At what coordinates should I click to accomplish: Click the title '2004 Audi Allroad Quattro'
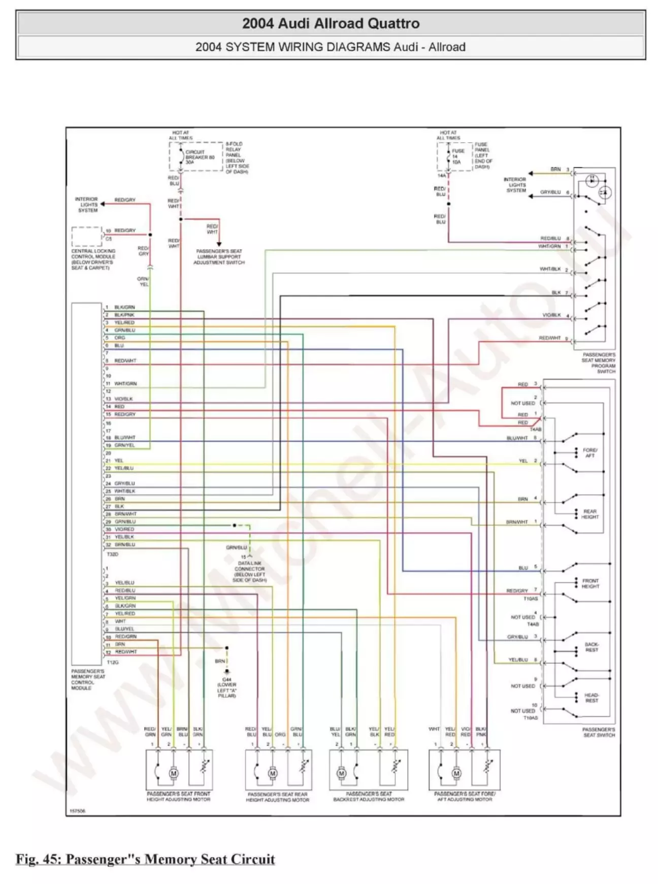pos(331,23)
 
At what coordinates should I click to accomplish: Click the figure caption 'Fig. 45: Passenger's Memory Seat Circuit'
pos(145,859)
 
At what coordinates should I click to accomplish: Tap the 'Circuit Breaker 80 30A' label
pos(198,157)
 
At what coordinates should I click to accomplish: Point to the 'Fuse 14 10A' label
pos(457,156)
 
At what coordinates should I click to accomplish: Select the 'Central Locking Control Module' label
pos(93,259)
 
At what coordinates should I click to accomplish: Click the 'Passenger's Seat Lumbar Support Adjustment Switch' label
pos(219,257)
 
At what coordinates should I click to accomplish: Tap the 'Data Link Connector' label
pos(249,572)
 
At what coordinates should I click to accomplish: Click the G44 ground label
pos(226,687)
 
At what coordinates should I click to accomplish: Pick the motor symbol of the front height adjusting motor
pos(174,773)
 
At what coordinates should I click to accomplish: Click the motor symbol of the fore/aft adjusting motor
pos(456,773)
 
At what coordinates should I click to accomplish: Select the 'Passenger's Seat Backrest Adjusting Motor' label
pos(369,796)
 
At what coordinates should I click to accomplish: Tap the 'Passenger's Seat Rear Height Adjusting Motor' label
pos(277,797)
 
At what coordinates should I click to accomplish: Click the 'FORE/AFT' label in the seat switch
pos(589,452)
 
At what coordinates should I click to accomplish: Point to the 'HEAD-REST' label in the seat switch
pos(591,698)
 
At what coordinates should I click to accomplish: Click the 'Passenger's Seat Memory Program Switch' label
pos(599,363)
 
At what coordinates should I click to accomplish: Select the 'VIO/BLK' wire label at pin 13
pos(123,399)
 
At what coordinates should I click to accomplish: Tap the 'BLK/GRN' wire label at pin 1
pos(124,307)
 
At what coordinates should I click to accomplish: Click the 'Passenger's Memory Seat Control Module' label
pos(88,679)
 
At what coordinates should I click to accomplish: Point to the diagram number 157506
pos(77,811)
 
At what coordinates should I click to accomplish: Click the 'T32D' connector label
pos(112,554)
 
